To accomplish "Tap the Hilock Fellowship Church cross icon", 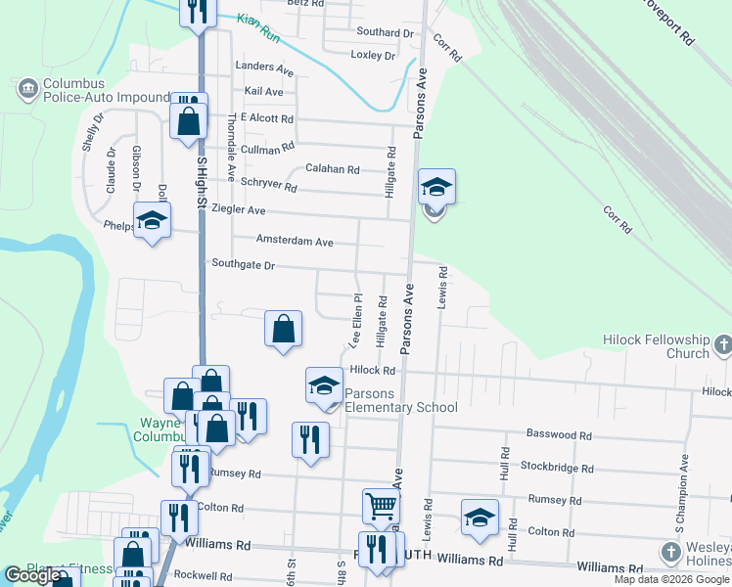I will [x=722, y=344].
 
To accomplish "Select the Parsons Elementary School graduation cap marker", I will [x=324, y=385].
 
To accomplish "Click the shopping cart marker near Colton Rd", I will [x=381, y=506].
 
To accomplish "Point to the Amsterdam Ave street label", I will [x=295, y=241].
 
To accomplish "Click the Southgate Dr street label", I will [x=244, y=264].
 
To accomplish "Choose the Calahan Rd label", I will [x=332, y=168].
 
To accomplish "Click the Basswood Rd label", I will [x=560, y=434].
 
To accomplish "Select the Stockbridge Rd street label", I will [x=557, y=468].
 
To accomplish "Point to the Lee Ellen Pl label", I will [x=356, y=319].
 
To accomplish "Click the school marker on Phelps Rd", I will [x=152, y=220].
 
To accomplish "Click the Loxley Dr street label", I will [x=373, y=55].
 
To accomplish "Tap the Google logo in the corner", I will [x=32, y=575].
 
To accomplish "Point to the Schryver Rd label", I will [x=269, y=186].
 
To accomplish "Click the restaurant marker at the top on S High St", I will [x=199, y=10].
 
